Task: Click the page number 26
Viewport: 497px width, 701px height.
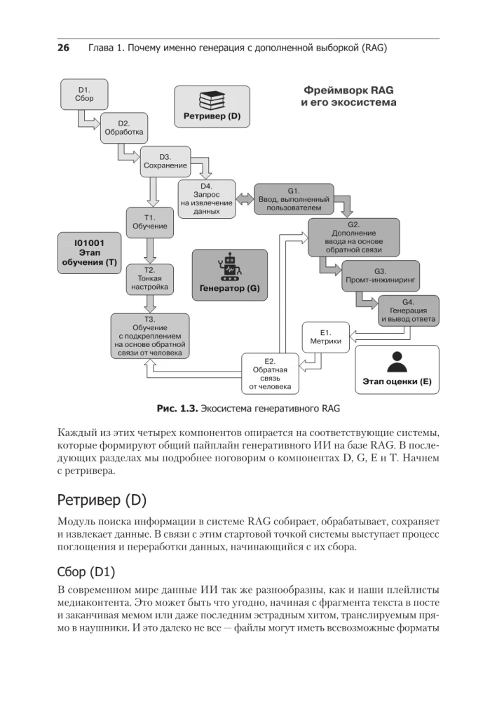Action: point(62,48)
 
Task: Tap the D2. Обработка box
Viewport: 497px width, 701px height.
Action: point(124,127)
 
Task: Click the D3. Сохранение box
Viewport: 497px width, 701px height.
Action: point(165,161)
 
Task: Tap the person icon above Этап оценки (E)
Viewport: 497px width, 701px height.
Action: point(397,362)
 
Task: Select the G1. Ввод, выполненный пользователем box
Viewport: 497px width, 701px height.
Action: point(294,199)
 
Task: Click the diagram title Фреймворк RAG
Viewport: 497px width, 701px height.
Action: point(348,91)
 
